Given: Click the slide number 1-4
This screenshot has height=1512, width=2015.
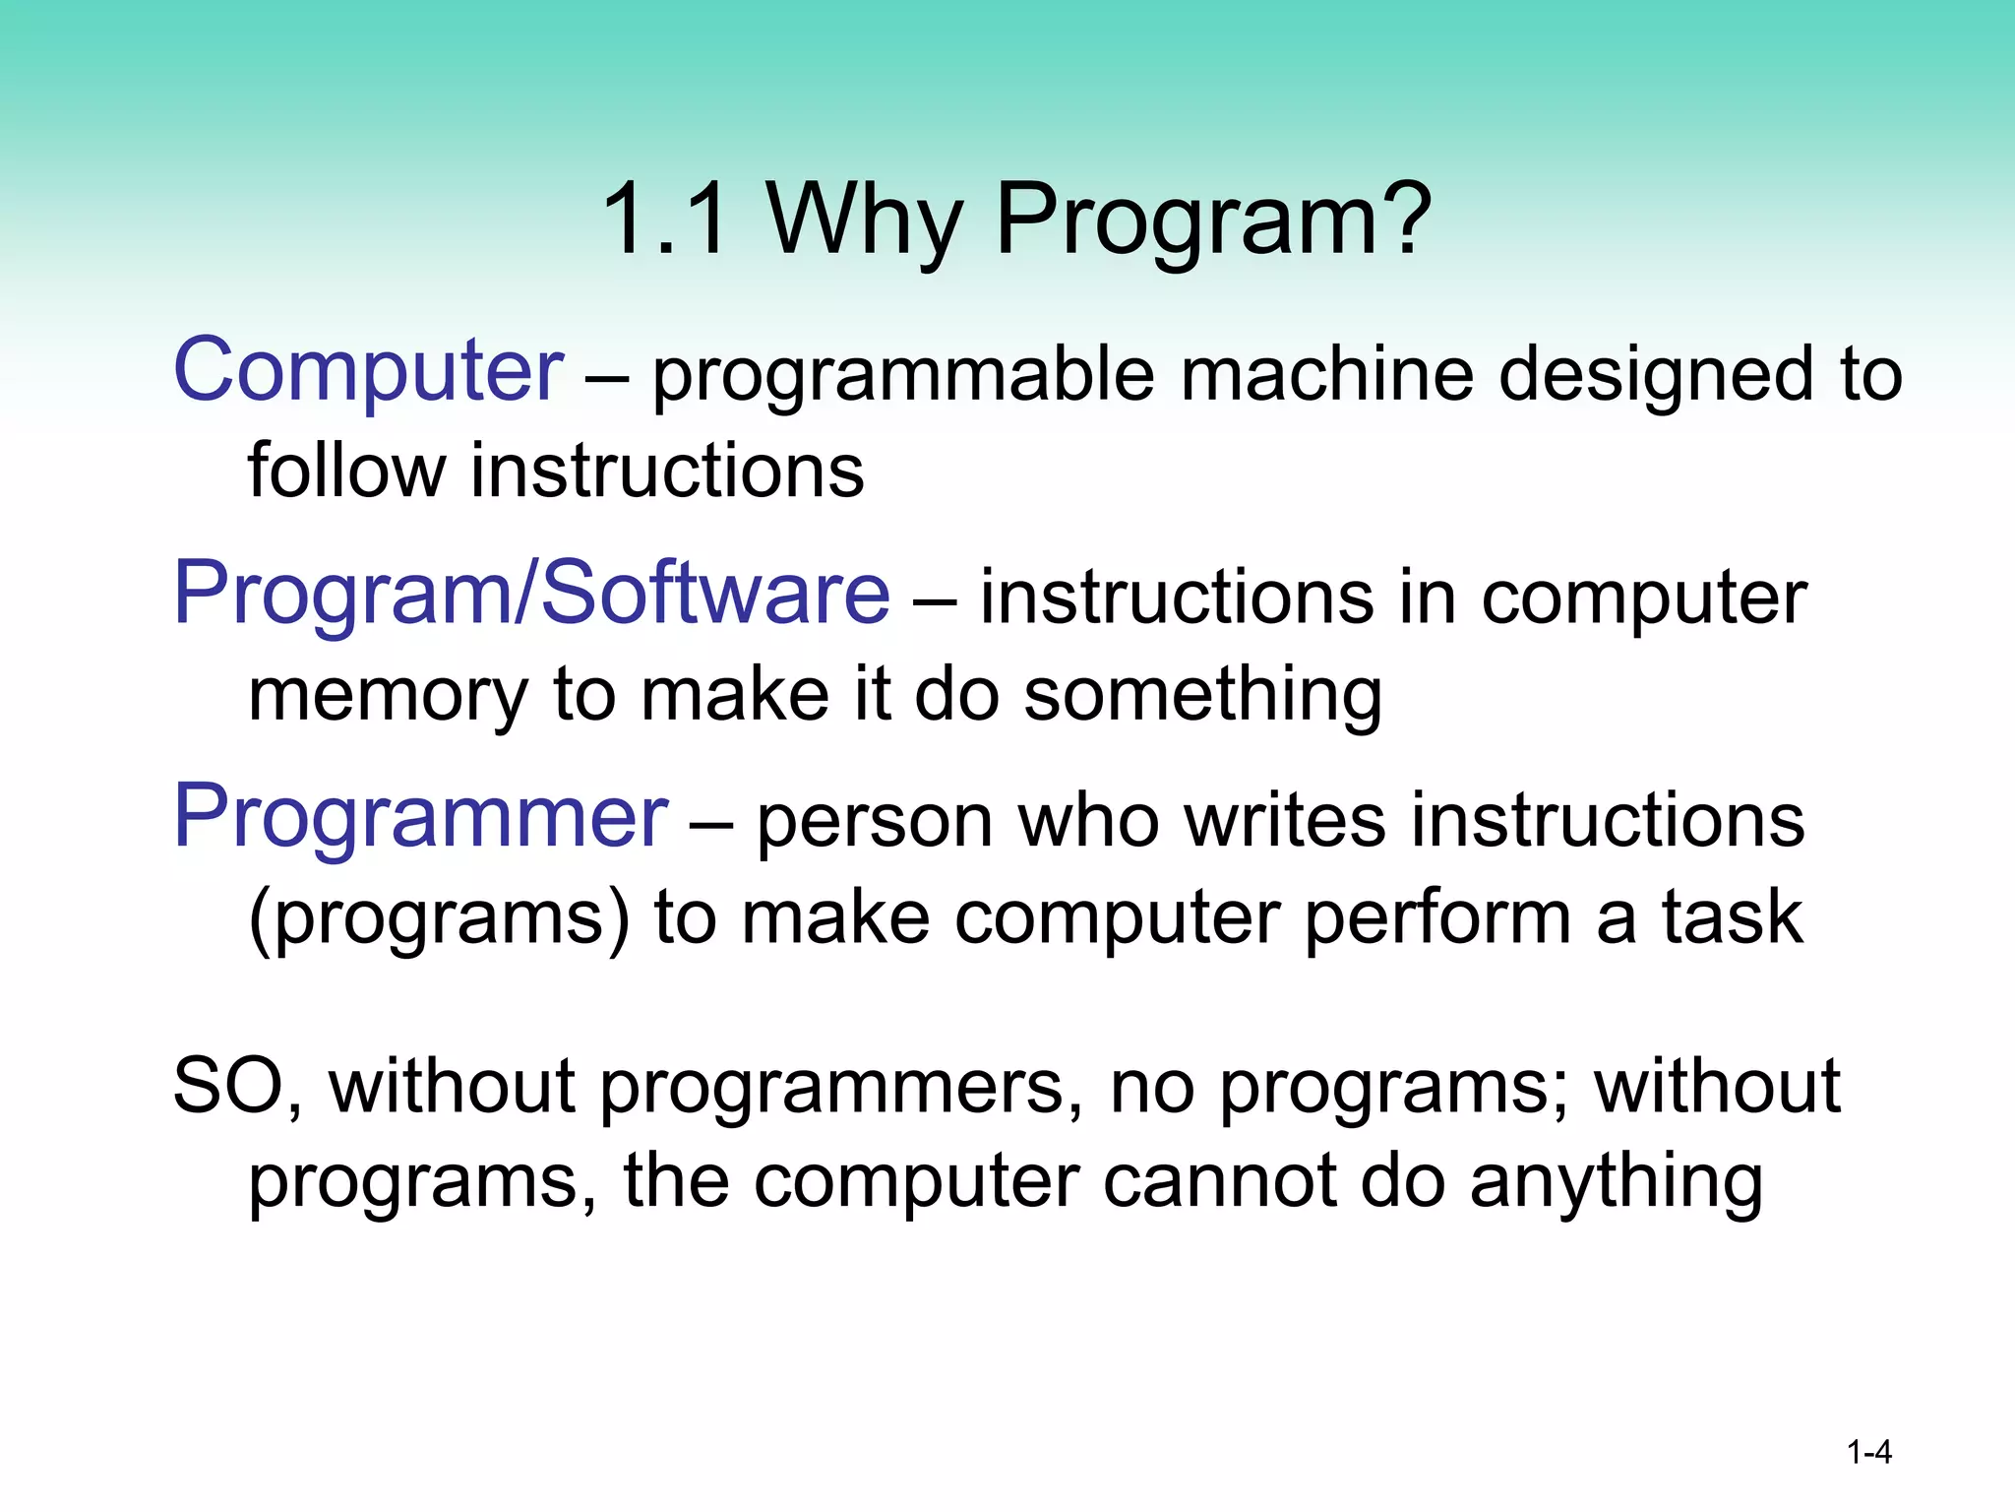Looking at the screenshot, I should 1868,1452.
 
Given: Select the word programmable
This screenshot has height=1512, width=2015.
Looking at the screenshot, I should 902,376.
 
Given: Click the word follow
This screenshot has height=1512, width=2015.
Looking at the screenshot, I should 345,470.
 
